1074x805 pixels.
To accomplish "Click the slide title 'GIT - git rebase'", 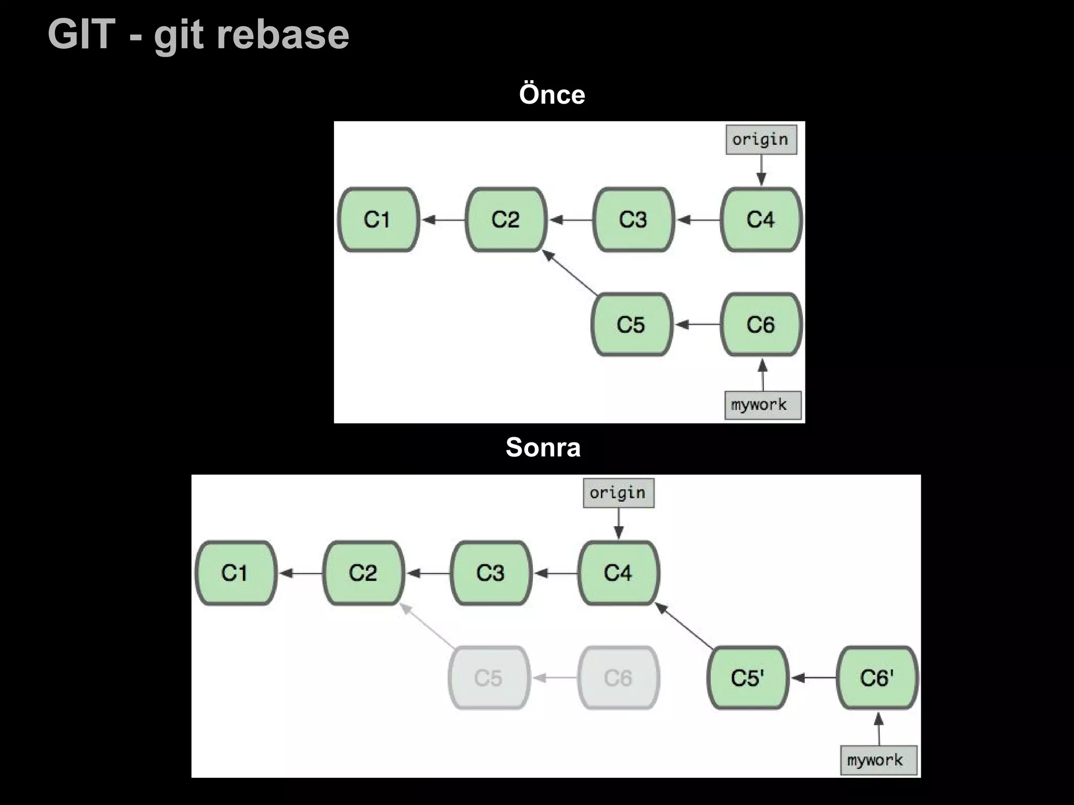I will click(198, 35).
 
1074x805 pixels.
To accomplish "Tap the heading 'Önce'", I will click(552, 95).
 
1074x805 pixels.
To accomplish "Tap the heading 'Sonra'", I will click(543, 448).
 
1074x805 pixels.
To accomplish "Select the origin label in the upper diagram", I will click(761, 139).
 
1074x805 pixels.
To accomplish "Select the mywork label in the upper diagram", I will click(762, 405).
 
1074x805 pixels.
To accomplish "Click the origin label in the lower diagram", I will click(618, 493).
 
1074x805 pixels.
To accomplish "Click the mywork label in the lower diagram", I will click(878, 760).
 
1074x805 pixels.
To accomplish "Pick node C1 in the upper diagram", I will click(378, 220).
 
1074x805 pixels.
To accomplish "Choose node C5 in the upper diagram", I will click(631, 324).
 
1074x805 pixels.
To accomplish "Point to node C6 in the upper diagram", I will click(761, 324).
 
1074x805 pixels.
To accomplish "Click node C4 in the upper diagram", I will click(761, 220).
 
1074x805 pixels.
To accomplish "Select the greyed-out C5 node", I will click(489, 678).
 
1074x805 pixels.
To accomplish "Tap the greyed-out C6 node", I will click(618, 678).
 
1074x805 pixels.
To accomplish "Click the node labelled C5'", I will click(748, 678).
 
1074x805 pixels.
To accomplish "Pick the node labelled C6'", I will click(877, 678).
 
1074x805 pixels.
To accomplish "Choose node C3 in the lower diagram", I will click(491, 573).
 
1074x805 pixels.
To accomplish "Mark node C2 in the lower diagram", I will click(363, 573).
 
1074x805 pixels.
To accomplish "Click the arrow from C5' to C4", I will click(684, 626).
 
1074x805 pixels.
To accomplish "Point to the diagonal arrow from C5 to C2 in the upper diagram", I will click(571, 273).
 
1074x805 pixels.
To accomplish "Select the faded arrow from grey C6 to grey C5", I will click(555, 678).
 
